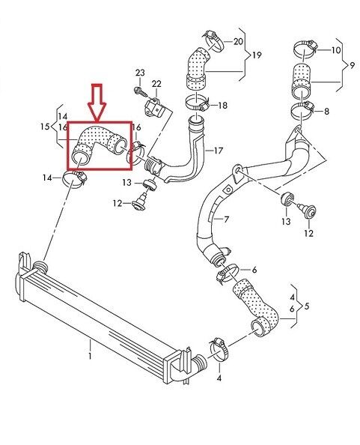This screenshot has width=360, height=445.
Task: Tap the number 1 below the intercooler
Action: (90, 356)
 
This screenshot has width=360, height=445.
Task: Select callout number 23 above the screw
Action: (140, 73)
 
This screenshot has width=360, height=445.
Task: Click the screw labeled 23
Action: (141, 91)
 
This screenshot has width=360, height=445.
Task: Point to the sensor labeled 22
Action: (154, 107)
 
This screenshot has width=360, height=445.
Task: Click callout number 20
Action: (238, 42)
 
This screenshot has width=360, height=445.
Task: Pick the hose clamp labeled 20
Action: (213, 40)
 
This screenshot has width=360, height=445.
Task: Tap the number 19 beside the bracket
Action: (257, 55)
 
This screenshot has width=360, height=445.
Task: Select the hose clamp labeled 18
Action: (198, 103)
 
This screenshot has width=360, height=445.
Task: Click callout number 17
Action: (219, 151)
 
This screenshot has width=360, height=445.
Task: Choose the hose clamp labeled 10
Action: (305, 49)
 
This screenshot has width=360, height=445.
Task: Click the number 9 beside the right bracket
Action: (352, 65)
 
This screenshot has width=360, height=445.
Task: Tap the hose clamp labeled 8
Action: (302, 111)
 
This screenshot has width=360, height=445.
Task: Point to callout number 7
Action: (226, 220)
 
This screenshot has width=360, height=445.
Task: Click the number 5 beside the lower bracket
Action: (306, 306)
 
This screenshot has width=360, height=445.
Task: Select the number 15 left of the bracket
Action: (46, 127)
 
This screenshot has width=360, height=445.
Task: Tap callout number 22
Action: (156, 84)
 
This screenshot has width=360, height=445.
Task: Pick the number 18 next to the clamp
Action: (223, 106)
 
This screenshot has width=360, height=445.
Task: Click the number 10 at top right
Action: (336, 50)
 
